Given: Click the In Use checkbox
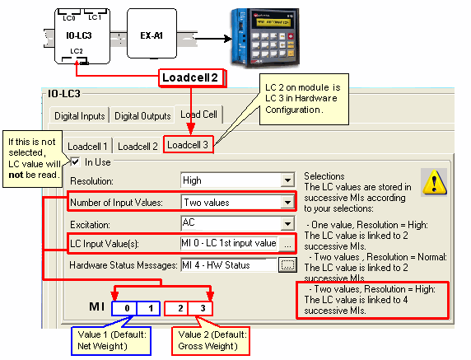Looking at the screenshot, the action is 75,162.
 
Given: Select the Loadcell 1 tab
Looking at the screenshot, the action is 87,147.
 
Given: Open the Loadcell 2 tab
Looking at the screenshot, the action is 138,147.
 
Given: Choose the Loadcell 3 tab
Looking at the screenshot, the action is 188,145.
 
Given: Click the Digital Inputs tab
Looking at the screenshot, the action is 79,115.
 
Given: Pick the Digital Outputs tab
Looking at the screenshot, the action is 142,115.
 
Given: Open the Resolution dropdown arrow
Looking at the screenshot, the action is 287,180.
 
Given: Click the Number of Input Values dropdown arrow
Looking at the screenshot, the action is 287,202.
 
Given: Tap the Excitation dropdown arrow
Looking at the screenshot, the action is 287,224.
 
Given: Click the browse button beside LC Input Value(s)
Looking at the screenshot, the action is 287,244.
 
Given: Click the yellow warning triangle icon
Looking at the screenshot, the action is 434,182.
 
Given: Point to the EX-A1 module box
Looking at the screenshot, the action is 152,33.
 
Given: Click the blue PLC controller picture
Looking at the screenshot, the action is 265,38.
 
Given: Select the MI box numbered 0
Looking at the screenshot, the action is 124,308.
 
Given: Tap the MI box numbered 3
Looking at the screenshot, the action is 200,308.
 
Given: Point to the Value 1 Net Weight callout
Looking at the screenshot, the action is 111,341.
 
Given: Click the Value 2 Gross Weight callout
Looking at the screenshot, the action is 211,341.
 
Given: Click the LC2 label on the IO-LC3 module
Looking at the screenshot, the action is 77,51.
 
